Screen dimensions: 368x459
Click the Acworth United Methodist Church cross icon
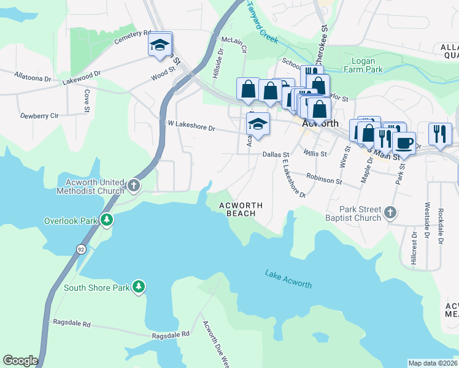click(134, 185)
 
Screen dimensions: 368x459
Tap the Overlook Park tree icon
click(107, 220)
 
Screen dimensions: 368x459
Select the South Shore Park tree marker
click(139, 286)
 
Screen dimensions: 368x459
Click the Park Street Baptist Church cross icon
click(390, 213)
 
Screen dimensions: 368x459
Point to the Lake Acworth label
click(288, 279)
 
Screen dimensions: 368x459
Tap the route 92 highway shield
click(81, 249)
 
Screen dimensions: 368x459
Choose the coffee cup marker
click(403, 143)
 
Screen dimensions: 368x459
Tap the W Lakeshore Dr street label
click(191, 126)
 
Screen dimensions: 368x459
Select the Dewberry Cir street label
click(39, 115)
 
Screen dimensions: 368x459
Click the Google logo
click(20, 361)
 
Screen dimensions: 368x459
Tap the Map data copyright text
click(433, 363)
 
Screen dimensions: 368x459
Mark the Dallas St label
click(276, 155)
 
